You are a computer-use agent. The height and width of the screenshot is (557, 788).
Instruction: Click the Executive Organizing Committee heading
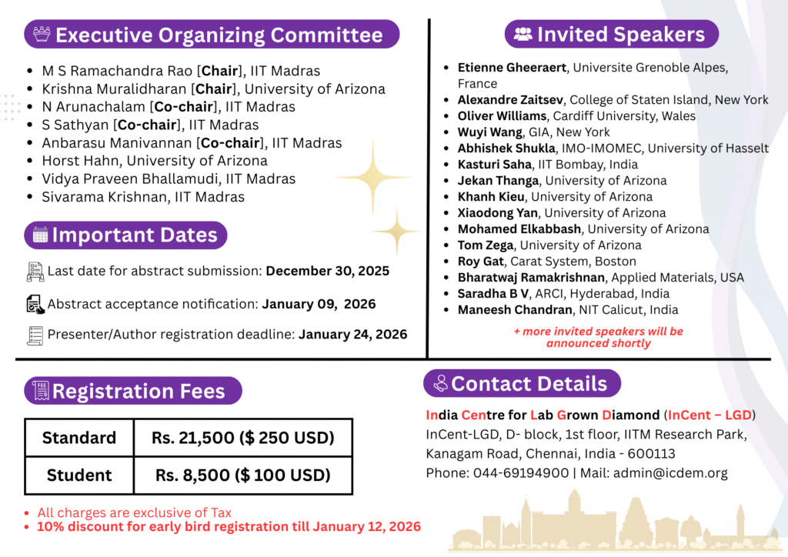point(219,35)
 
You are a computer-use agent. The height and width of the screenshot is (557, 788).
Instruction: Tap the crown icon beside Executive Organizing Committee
point(42,35)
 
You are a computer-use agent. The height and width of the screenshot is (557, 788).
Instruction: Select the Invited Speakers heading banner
point(612,35)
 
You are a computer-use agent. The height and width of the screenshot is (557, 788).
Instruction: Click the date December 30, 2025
point(328,271)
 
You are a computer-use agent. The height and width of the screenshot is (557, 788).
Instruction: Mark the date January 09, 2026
point(319,304)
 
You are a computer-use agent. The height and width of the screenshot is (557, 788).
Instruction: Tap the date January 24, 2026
point(352,334)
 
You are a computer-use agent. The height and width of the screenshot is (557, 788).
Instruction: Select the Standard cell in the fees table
point(79,439)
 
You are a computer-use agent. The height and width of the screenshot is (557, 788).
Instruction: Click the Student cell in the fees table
point(79,475)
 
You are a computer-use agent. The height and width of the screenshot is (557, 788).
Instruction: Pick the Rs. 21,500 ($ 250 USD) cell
point(242,439)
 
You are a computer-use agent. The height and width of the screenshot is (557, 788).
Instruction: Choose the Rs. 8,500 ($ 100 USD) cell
point(242,475)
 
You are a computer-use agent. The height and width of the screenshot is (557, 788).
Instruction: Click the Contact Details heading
point(529,383)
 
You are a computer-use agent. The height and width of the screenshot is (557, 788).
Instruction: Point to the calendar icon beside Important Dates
point(40,235)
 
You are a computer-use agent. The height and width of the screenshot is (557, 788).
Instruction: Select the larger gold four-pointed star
point(373,177)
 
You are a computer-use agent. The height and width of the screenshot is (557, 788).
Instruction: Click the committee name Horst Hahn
point(80,161)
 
